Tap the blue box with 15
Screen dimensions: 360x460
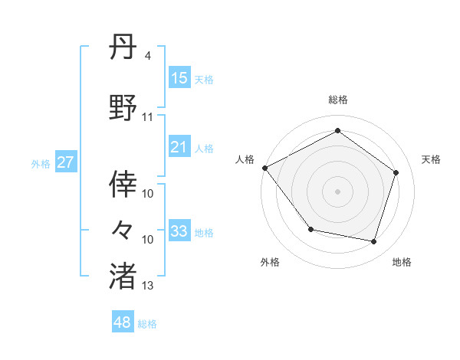pyautogui.click(x=179, y=78)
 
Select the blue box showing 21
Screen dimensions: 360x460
pyautogui.click(x=179, y=147)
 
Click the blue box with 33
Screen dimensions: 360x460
pyautogui.click(x=179, y=231)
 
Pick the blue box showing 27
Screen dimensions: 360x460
pyautogui.click(x=65, y=162)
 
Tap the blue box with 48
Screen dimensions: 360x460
pyautogui.click(x=123, y=322)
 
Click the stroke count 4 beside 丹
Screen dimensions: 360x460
pyautogui.click(x=147, y=57)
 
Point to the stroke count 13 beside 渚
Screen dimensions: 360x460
pyautogui.click(x=148, y=286)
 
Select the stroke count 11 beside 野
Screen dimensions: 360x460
pyautogui.click(x=148, y=117)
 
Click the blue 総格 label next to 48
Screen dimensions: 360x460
pyautogui.click(x=147, y=324)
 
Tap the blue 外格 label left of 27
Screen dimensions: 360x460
pyautogui.click(x=41, y=163)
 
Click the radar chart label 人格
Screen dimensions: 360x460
pyautogui.click(x=245, y=159)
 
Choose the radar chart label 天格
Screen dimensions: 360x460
pyautogui.click(x=431, y=159)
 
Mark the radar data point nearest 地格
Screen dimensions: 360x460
pyautogui.click(x=373, y=242)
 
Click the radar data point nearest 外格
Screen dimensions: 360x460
pyautogui.click(x=310, y=229)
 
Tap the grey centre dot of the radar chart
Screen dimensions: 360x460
pyautogui.click(x=337, y=191)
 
